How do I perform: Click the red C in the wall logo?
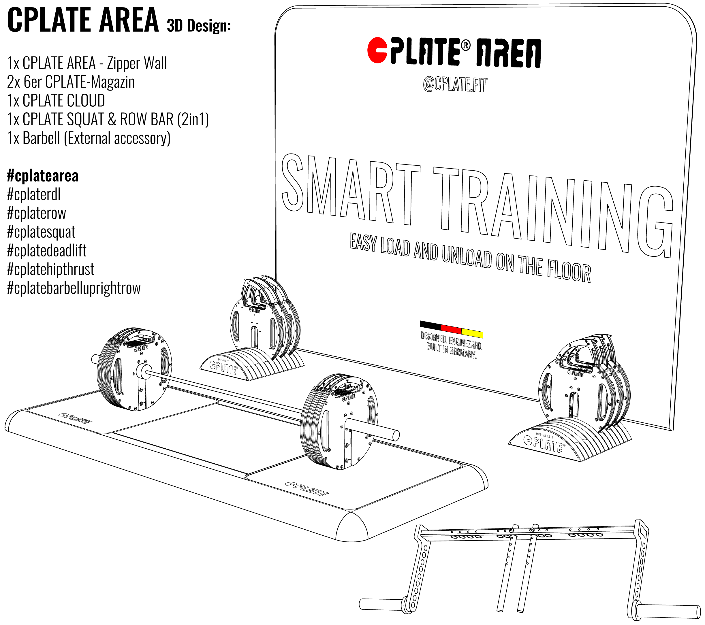coord(377,50)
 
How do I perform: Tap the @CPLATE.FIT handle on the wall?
coord(455,84)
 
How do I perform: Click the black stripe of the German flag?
coord(430,324)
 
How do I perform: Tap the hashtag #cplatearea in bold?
coord(43,176)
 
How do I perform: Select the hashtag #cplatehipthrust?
coord(51,269)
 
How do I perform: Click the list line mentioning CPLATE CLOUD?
coord(56,101)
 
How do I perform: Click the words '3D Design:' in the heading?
coord(199,26)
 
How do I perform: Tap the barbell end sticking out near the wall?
coord(95,359)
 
